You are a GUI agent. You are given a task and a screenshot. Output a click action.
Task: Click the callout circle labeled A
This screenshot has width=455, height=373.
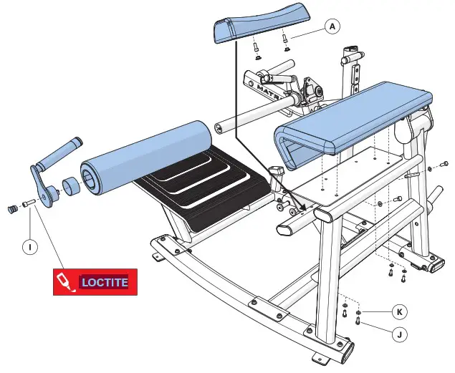click(331, 26)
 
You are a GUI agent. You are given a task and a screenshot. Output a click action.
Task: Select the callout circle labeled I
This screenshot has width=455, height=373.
click(29, 247)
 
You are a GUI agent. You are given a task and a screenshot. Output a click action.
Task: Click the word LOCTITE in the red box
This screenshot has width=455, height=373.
click(105, 282)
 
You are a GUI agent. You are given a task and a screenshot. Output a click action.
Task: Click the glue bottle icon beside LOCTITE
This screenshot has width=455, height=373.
click(65, 282)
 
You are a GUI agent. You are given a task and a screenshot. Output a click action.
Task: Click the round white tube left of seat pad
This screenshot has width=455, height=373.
click(251, 117)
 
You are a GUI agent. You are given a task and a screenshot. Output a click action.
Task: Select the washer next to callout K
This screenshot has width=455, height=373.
click(358, 313)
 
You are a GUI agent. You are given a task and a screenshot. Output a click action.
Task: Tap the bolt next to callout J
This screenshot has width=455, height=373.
click(358, 322)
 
